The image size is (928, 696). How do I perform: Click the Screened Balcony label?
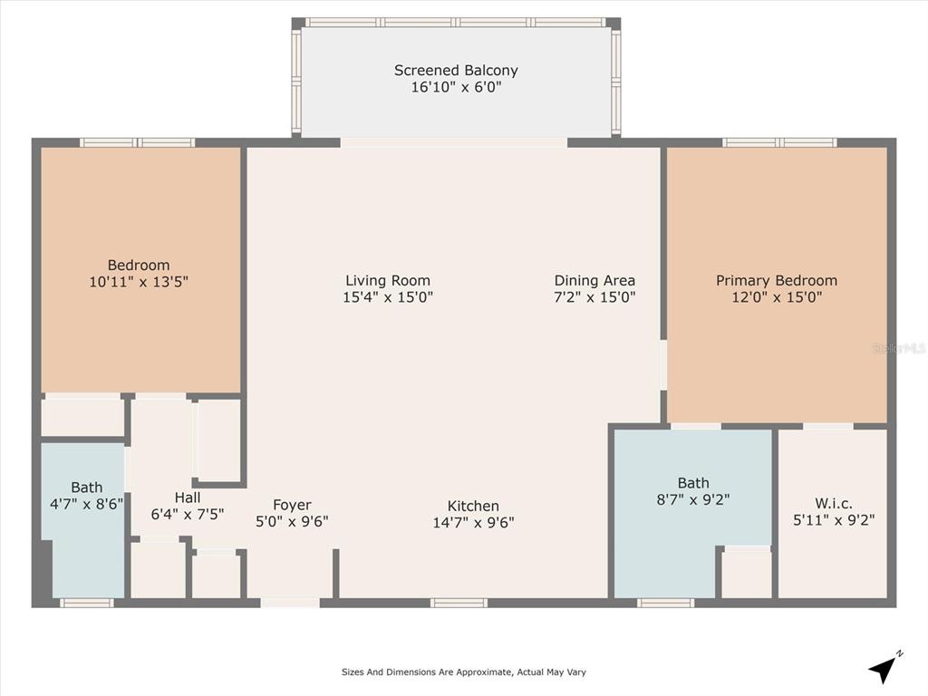pos(456,71)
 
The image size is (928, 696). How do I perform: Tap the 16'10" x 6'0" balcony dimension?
pos(457,87)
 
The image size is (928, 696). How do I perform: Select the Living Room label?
pos(388,281)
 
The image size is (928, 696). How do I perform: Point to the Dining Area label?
pos(594,281)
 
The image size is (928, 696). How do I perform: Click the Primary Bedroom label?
pos(777,281)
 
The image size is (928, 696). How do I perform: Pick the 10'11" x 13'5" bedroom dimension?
pos(139,282)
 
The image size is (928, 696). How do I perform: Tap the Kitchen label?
pos(473,506)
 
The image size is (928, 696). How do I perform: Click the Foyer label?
pos(292,505)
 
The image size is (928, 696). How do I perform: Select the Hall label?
pos(187,498)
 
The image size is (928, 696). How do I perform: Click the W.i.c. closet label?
pos(834,504)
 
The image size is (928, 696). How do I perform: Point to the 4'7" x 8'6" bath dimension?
pos(86,504)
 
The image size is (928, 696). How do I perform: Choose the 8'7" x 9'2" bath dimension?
pos(693,499)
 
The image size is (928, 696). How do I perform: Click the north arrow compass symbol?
pos(884,667)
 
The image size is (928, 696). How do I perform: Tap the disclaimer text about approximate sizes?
pos(463,672)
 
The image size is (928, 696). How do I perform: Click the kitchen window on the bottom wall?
pos(459,603)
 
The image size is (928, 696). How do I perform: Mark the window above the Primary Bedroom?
pos(779,142)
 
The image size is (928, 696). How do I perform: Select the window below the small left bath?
pos(86,603)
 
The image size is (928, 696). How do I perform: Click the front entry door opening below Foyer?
pos(290,603)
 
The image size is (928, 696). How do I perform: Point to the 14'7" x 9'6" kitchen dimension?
pos(473,523)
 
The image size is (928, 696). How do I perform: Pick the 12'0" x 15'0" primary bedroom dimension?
pos(777,297)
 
